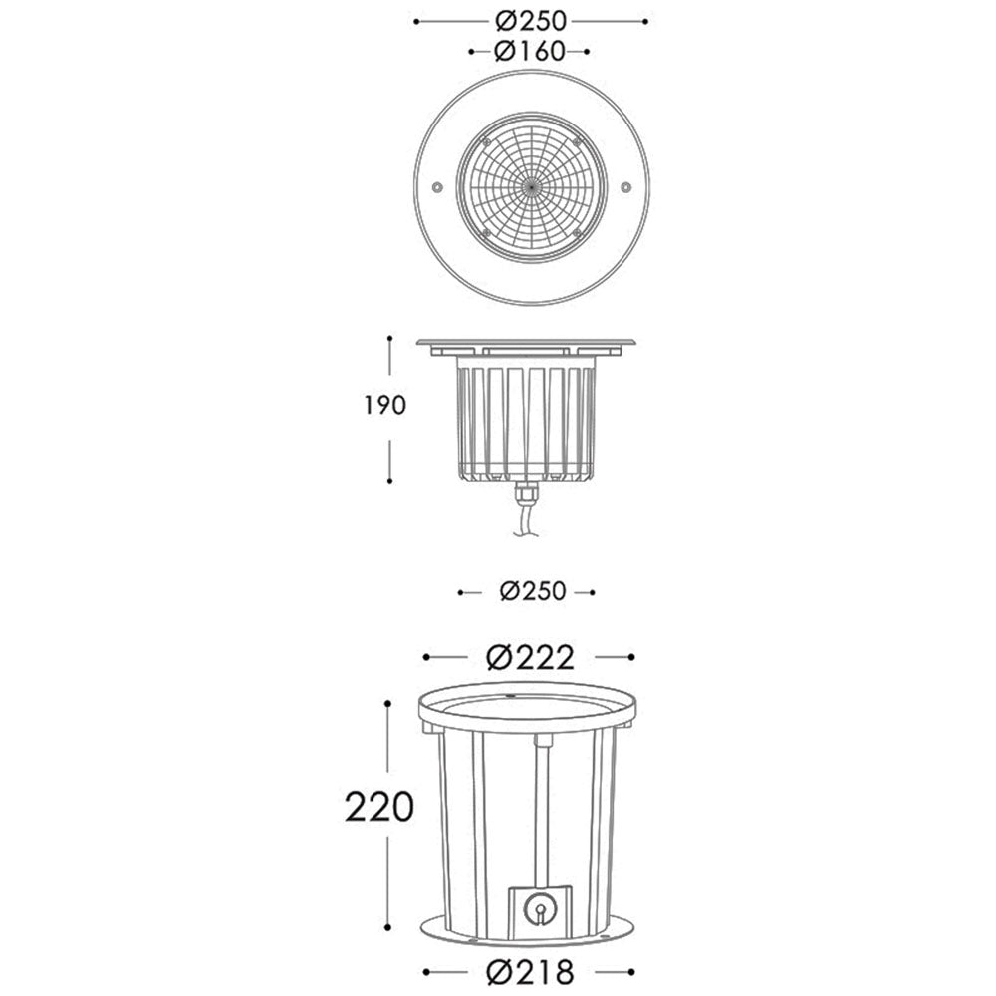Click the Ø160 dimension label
coord(529,52)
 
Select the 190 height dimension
coord(384,405)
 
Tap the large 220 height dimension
coord(379,808)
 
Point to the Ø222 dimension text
coord(530,658)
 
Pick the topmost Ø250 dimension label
coord(531,22)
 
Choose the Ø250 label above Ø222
coord(532,592)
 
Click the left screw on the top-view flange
coord(437,187)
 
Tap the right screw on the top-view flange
coord(626,187)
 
